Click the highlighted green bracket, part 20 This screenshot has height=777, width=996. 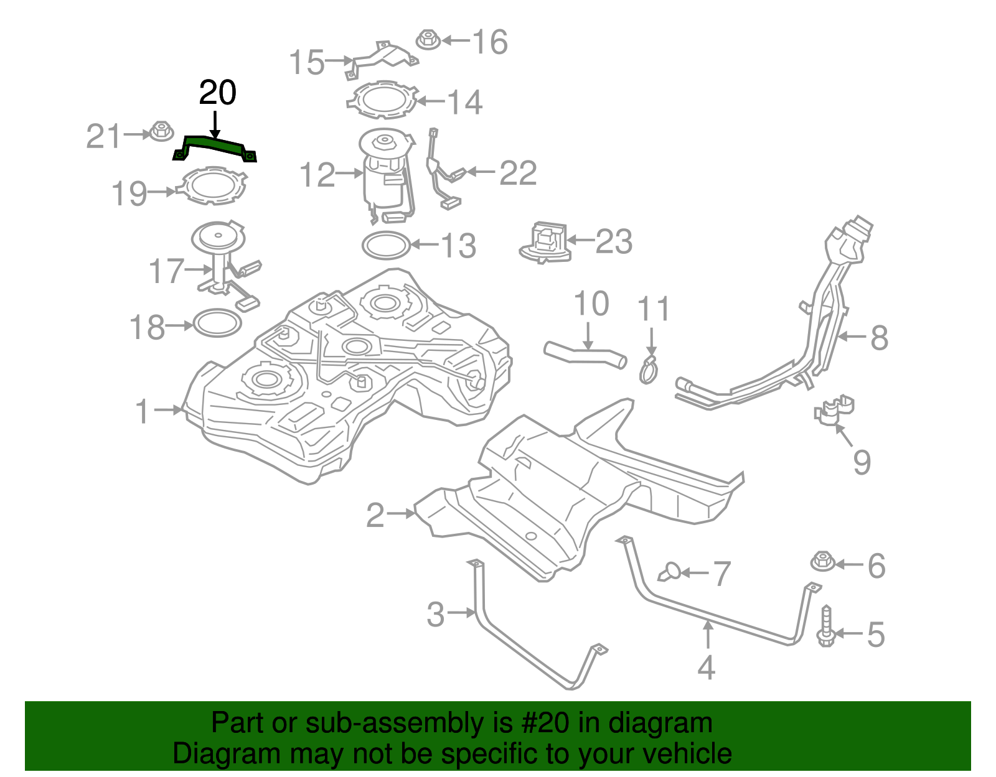pyautogui.click(x=215, y=147)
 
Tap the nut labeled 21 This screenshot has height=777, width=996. pyautogui.click(x=161, y=132)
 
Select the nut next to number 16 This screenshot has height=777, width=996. pyautogui.click(x=427, y=39)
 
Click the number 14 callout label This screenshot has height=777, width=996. pyautogui.click(x=464, y=103)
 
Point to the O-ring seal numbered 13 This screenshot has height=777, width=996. pyautogui.click(x=386, y=245)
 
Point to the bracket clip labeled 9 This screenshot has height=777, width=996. pyautogui.click(x=834, y=410)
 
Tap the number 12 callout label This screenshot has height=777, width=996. pyautogui.click(x=317, y=175)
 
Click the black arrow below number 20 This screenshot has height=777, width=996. pyautogui.click(x=215, y=124)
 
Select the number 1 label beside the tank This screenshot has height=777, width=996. pyautogui.click(x=143, y=412)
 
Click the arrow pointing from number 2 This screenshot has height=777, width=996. pyautogui.click(x=400, y=514)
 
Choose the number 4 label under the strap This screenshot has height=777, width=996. pyautogui.click(x=706, y=668)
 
